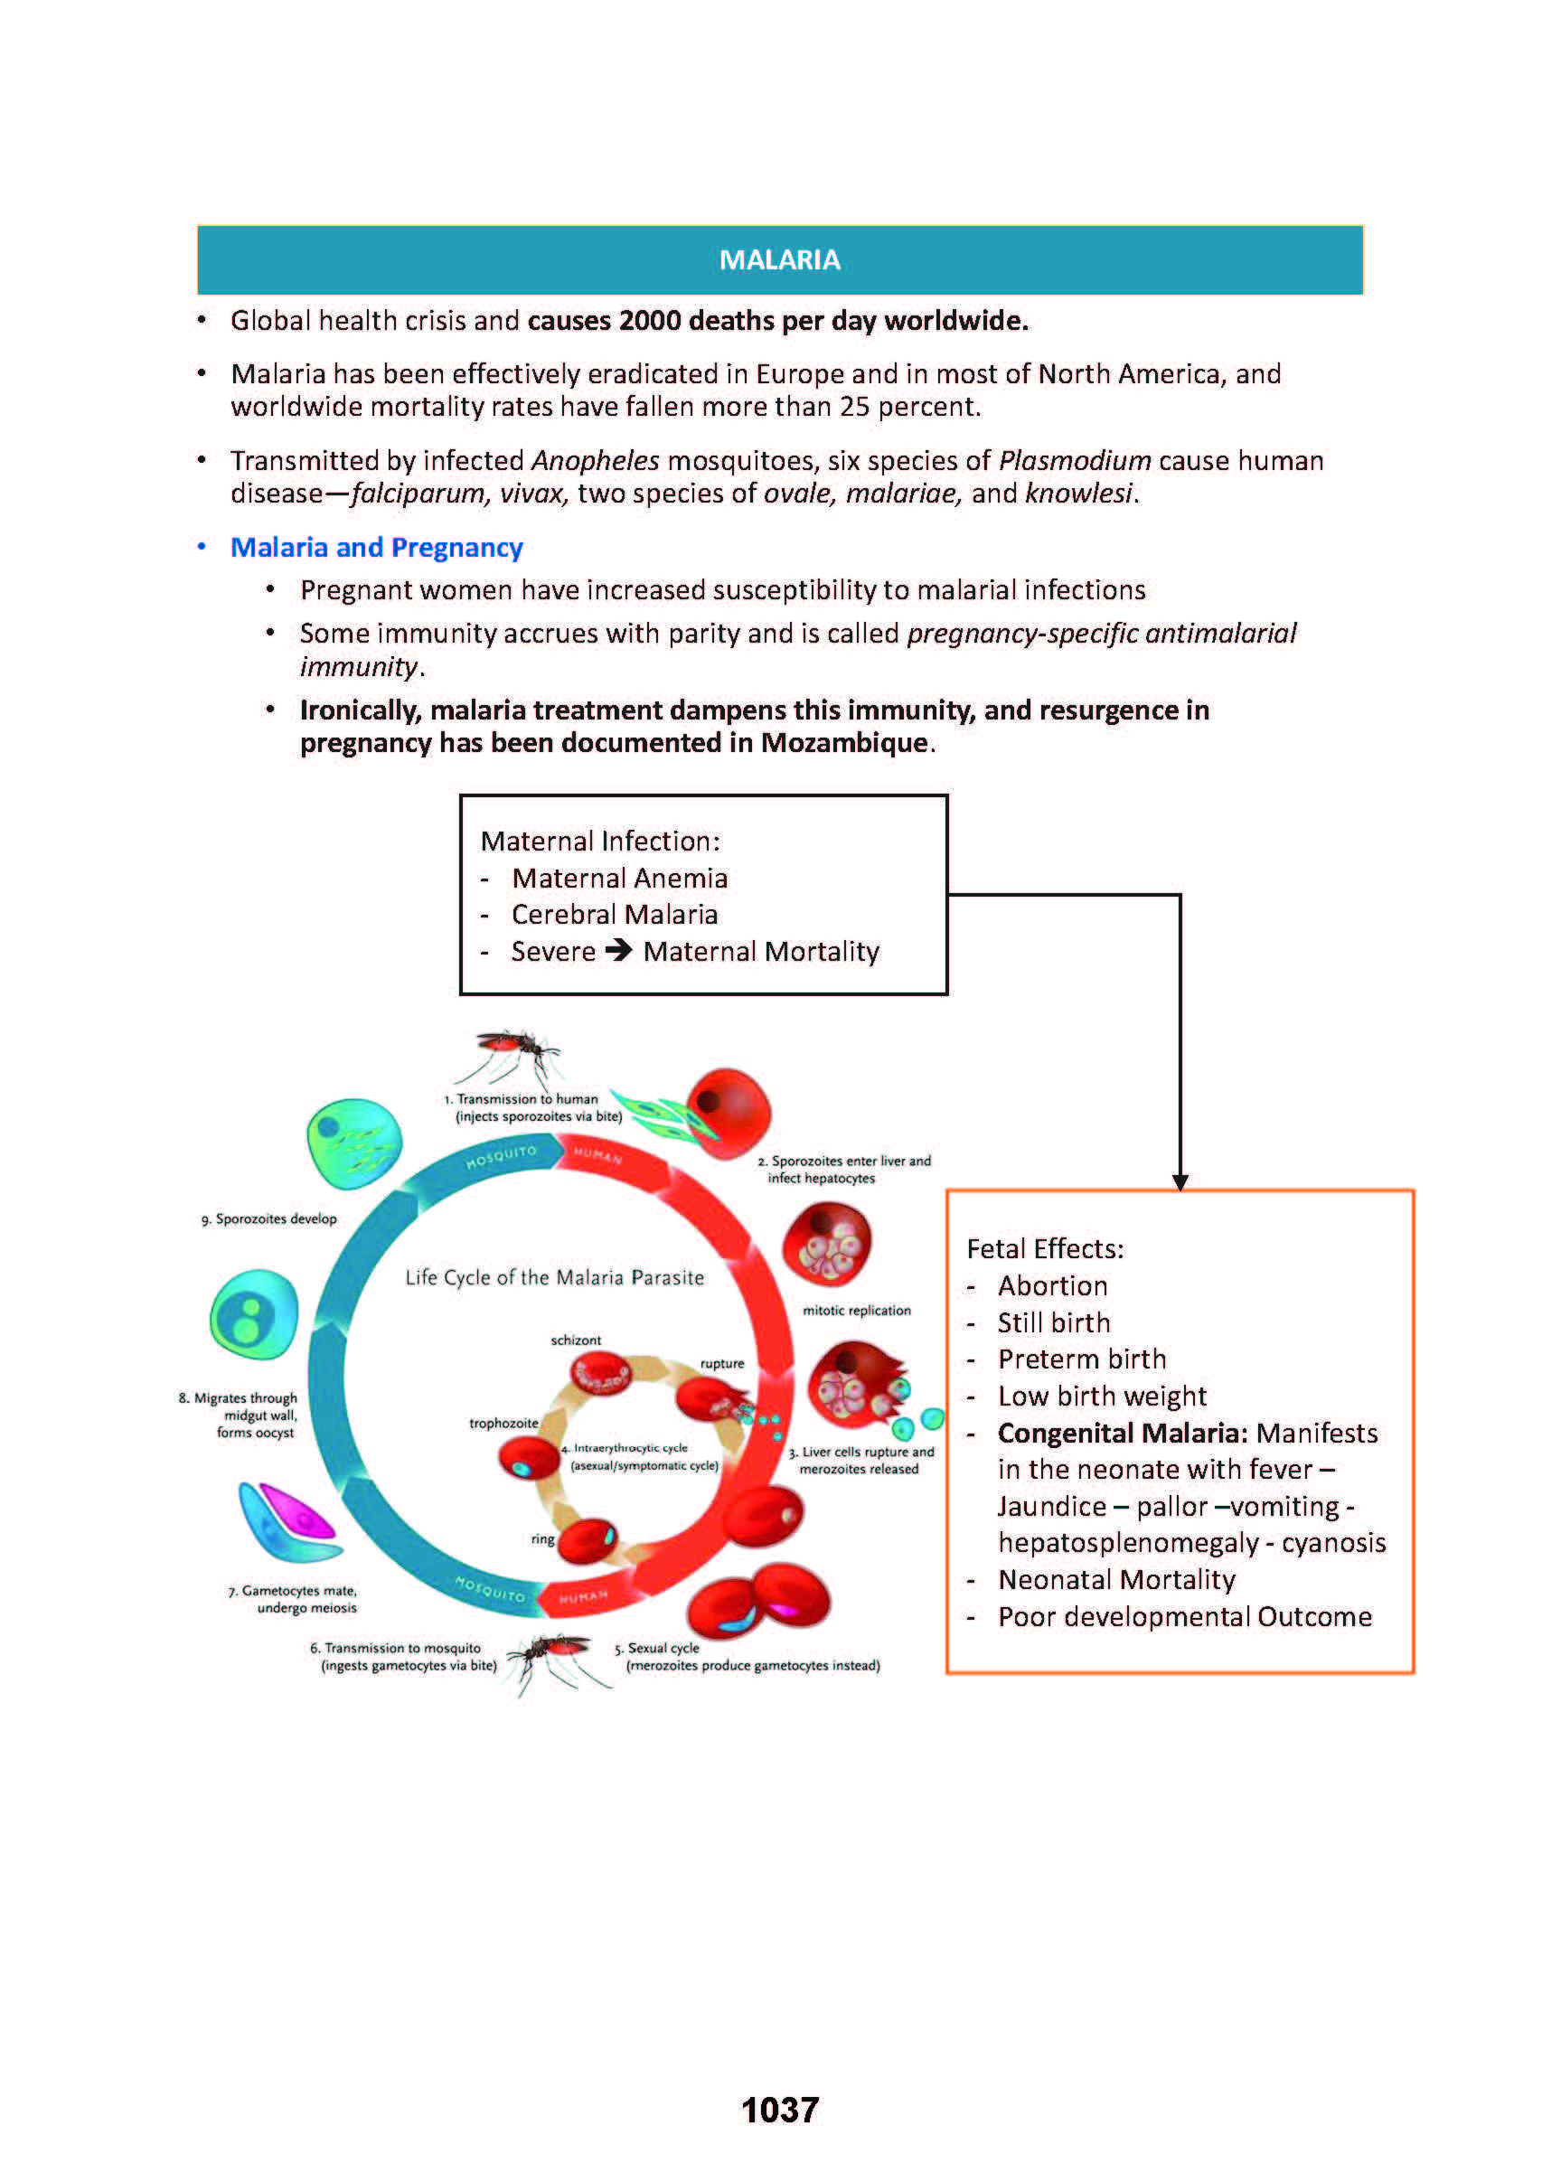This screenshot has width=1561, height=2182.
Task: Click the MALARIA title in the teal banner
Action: tap(779, 260)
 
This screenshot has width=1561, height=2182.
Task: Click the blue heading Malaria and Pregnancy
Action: tap(376, 547)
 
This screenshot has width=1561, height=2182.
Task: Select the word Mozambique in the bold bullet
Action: tap(845, 743)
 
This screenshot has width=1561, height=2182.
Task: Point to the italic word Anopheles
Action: tap(595, 460)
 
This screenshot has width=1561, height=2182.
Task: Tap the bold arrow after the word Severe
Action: tap(619, 950)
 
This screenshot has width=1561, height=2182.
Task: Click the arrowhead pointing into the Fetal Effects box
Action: tap(1180, 1181)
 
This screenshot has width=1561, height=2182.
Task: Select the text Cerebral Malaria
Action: tap(615, 914)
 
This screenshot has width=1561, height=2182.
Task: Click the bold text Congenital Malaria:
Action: tap(1122, 1433)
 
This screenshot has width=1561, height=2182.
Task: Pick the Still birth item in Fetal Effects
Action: tap(1054, 1322)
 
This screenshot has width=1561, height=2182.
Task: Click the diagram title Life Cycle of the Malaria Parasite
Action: tap(555, 1277)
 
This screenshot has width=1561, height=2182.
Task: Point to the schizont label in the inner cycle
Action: tap(576, 1340)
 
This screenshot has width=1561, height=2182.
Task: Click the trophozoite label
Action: tap(503, 1424)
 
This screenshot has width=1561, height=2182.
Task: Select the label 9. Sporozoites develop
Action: tap(269, 1218)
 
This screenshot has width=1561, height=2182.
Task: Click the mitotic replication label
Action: tap(857, 1310)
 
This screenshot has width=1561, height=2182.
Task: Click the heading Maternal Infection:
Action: tap(600, 842)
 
